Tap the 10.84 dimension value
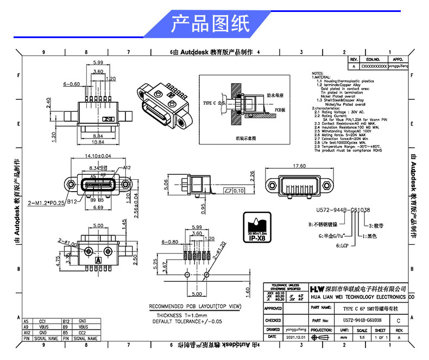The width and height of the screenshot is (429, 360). pos(98,142)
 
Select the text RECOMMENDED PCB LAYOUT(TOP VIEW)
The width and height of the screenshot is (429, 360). pos(195,306)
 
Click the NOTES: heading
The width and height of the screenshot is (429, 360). pos(317,73)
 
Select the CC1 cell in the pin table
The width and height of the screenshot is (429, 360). pos(42,321)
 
